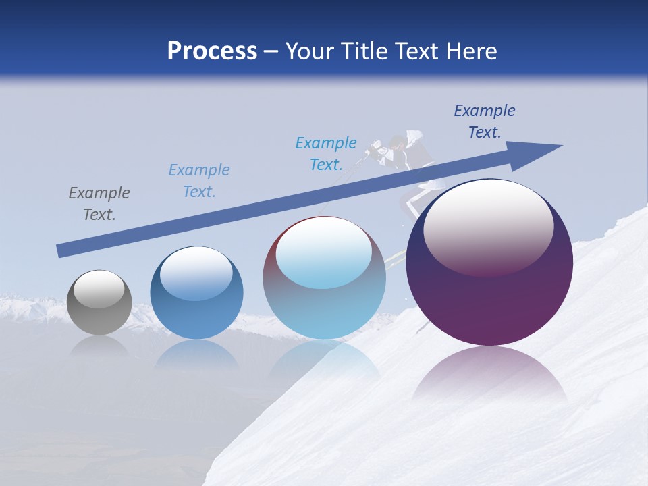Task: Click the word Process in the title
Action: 212,51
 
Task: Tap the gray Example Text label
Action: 99,204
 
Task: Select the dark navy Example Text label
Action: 485,122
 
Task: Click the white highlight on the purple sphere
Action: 489,226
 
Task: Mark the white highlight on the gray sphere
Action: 99,289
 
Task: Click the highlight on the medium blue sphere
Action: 196,273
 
